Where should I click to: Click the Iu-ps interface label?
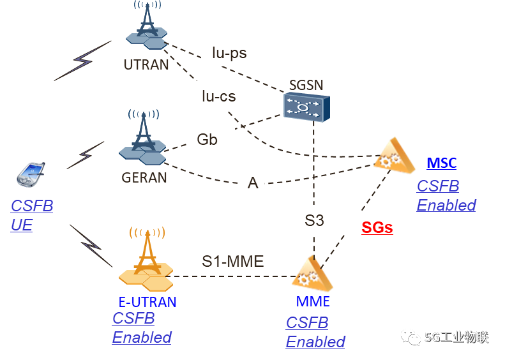239,52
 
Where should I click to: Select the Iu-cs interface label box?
220,96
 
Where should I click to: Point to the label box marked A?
252,183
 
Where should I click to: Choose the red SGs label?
377,227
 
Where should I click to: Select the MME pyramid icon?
312,274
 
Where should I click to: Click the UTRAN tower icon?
147,29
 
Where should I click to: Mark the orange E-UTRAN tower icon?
146,262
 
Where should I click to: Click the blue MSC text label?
442,163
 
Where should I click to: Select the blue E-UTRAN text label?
147,302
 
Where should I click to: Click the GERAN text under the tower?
144,177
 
